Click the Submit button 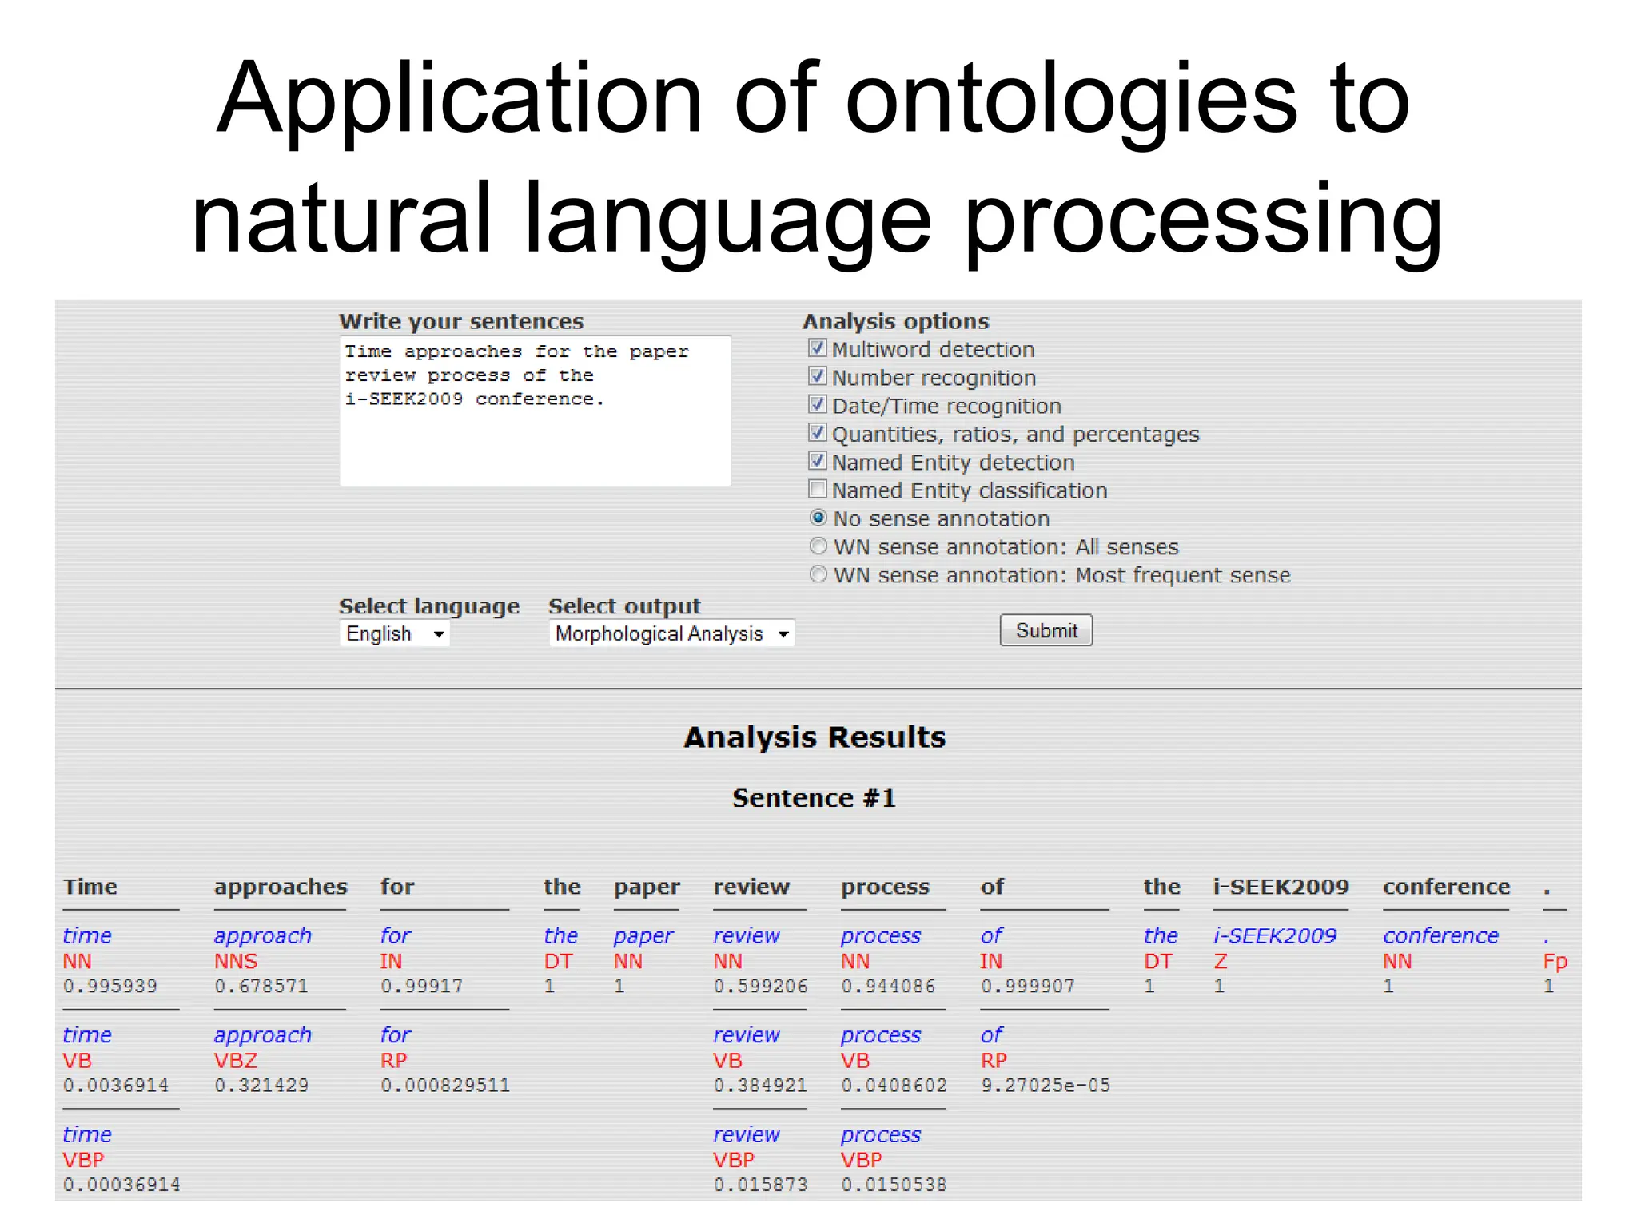coord(1046,630)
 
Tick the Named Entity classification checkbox coord(817,489)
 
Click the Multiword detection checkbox coord(817,348)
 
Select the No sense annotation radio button coord(818,518)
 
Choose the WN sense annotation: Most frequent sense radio coord(818,574)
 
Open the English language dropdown coord(394,633)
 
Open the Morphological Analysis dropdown coord(671,633)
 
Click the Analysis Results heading coord(815,737)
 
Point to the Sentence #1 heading coord(814,798)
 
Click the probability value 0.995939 coord(110,986)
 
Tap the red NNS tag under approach coord(236,961)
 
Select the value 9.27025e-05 coord(1046,1085)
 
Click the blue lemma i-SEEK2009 coord(1275,935)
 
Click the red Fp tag coord(1555,961)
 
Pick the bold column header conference coord(1446,887)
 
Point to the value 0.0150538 coord(894,1185)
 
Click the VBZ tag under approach coord(236,1061)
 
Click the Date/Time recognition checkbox coord(817,404)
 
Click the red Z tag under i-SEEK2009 coord(1220,961)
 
